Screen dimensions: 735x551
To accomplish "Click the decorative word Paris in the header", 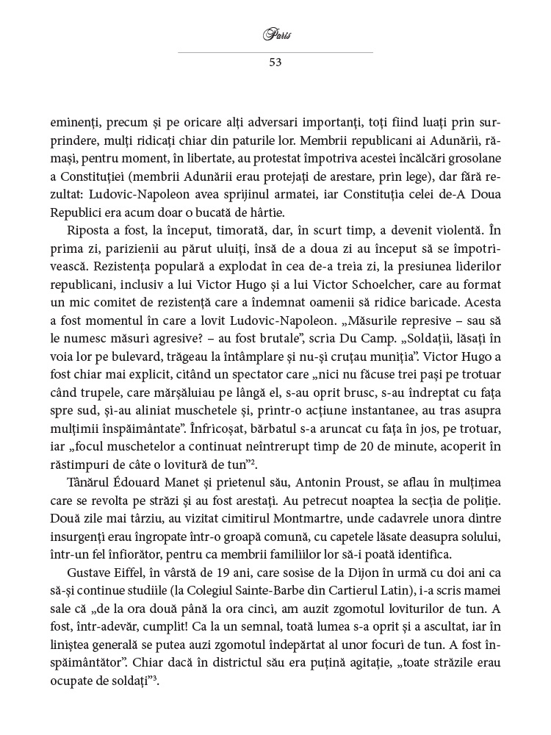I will (x=275, y=34).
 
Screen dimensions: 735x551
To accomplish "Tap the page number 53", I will (x=275, y=62).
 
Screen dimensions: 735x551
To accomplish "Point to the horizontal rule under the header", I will (x=275, y=52).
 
